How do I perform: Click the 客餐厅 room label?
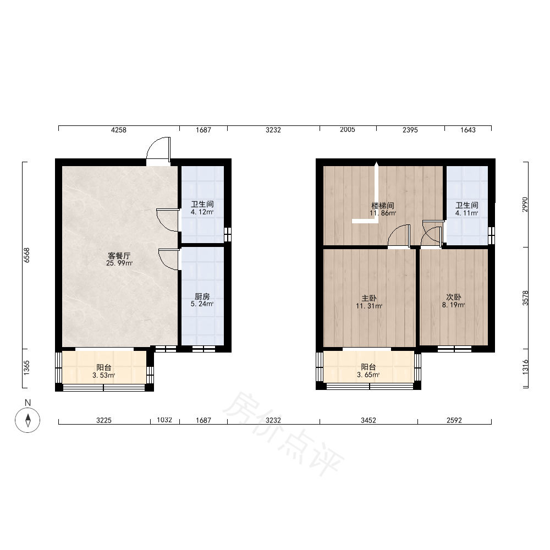pyautogui.click(x=119, y=256)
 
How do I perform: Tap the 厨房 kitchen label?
pyautogui.click(x=202, y=297)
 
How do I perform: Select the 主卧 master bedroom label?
pyautogui.click(x=369, y=299)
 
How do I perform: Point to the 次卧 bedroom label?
pyautogui.click(x=454, y=298)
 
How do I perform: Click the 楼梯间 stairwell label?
pyautogui.click(x=383, y=206)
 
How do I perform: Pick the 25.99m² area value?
pyautogui.click(x=119, y=263)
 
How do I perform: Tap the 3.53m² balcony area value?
pyautogui.click(x=104, y=376)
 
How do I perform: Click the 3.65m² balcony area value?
pyautogui.click(x=369, y=375)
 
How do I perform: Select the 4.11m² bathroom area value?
pyautogui.click(x=467, y=213)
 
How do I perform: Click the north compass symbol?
pyautogui.click(x=28, y=420)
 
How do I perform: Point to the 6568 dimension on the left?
pyautogui.click(x=26, y=255)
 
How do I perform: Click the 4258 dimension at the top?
pyautogui.click(x=119, y=130)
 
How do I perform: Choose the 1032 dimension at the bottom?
pyautogui.click(x=164, y=420)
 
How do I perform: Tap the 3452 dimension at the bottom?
pyautogui.click(x=369, y=420)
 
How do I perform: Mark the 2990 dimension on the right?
pyautogui.click(x=525, y=205)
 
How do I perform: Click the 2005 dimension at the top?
pyautogui.click(x=347, y=130)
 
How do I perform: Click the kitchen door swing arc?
pyautogui.click(x=168, y=260)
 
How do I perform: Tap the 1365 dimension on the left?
pyautogui.click(x=26, y=368)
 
